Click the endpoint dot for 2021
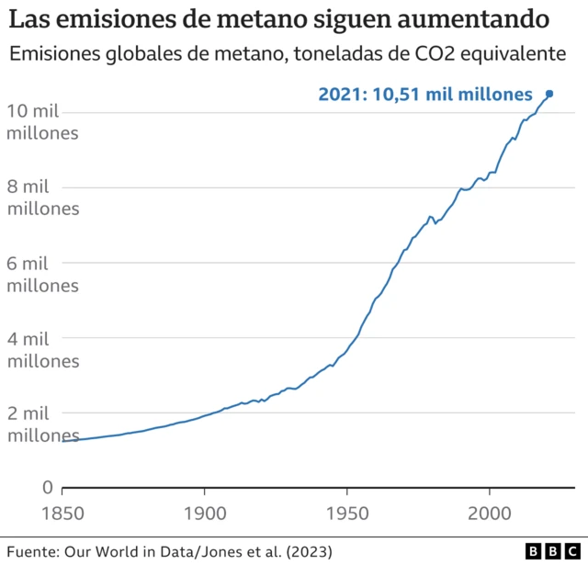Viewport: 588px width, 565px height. (549, 94)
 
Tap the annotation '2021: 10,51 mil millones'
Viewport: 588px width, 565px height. (425, 94)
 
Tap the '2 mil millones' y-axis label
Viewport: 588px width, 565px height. (43, 424)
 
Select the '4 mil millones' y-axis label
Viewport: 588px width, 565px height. (43, 348)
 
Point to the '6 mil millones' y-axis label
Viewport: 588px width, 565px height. (43, 273)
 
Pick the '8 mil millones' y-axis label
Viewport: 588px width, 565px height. (43, 198)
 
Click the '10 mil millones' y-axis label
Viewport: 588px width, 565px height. (43, 122)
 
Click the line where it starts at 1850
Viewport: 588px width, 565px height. (63, 441)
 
